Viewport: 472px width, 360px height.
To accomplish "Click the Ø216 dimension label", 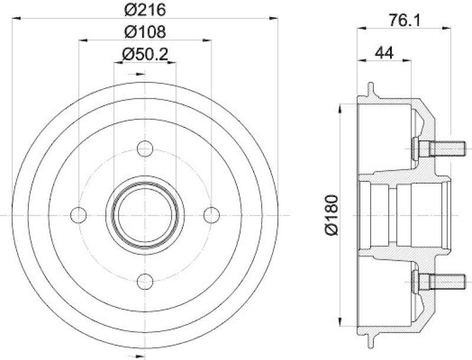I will (x=145, y=9).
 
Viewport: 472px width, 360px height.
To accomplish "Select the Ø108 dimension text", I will (x=145, y=31).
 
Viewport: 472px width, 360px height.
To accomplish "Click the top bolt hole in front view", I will (x=145, y=149).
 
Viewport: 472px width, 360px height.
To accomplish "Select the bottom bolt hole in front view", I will (x=145, y=282).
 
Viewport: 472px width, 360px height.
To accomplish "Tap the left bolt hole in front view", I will (x=78, y=215).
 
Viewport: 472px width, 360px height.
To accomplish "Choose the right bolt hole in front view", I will (x=211, y=215).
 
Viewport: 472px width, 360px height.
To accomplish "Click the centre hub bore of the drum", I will (x=145, y=215).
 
